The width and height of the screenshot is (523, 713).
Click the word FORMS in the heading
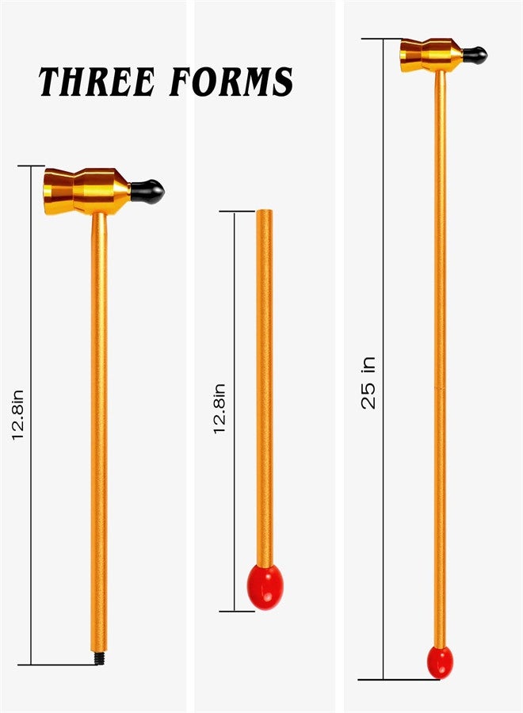point(231,82)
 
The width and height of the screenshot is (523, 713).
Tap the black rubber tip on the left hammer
point(147,192)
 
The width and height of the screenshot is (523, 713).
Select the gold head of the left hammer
point(87,191)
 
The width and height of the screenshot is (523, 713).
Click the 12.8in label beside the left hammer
point(18,414)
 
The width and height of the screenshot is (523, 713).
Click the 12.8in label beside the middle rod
point(220,409)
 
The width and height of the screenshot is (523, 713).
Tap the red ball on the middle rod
point(265,586)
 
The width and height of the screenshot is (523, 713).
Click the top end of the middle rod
point(264,211)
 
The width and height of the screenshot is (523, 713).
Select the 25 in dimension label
point(368,383)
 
